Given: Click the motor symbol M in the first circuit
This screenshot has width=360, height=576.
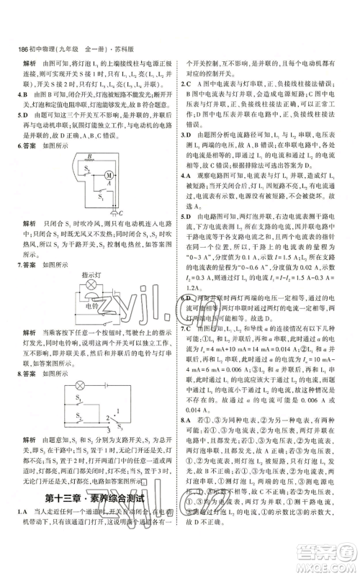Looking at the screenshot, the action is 109,176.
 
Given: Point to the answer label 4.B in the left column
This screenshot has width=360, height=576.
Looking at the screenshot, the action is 22,94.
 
